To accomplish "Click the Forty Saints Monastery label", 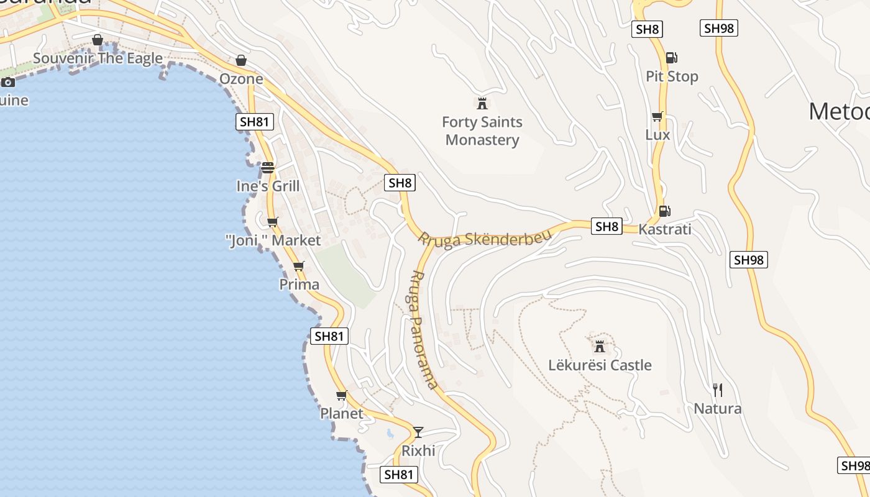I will tap(482, 131).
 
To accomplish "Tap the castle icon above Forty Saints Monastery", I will tap(482, 103).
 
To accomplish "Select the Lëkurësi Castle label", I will tap(600, 365).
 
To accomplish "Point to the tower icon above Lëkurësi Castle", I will tap(600, 346).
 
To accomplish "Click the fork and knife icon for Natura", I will tap(718, 390).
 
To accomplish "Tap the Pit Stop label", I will tap(672, 76).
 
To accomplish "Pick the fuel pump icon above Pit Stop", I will tap(671, 58).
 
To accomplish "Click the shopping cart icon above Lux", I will tap(657, 116).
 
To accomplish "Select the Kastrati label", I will tap(664, 229).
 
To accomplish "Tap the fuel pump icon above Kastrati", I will tap(664, 211).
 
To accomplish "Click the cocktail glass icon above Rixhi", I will tap(418, 432).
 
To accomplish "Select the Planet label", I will tap(341, 413).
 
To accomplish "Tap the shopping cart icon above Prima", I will tap(299, 266).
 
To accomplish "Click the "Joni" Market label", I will tap(273, 240).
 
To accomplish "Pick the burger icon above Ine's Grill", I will tap(268, 168).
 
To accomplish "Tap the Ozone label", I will tap(241, 79).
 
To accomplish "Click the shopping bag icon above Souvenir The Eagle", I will tap(98, 40).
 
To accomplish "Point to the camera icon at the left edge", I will tap(8, 82).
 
